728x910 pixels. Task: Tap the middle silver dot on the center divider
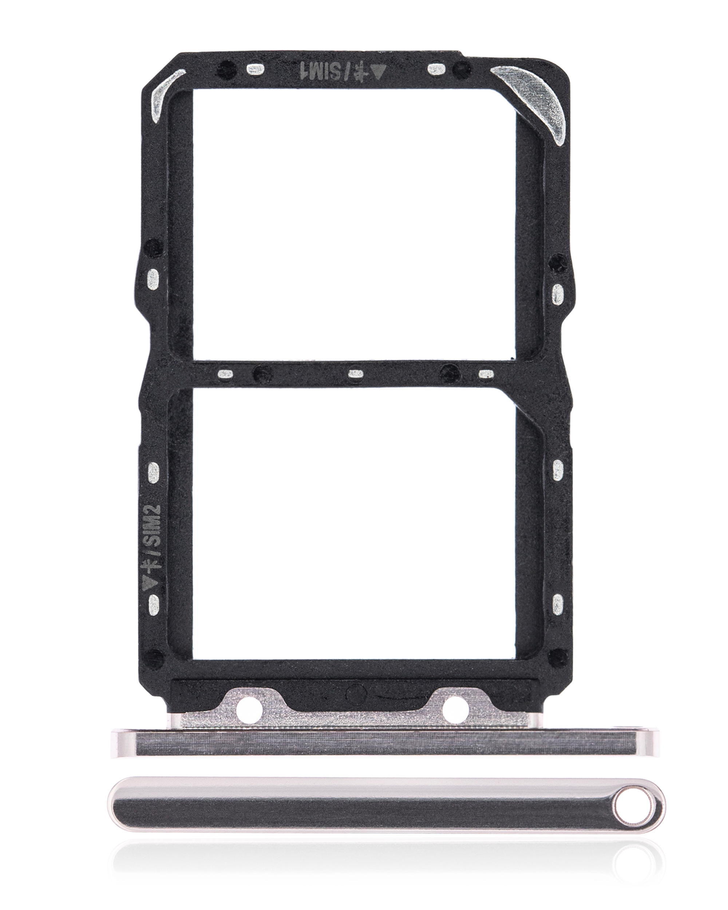[355, 373]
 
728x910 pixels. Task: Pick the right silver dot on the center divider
[487, 373]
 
